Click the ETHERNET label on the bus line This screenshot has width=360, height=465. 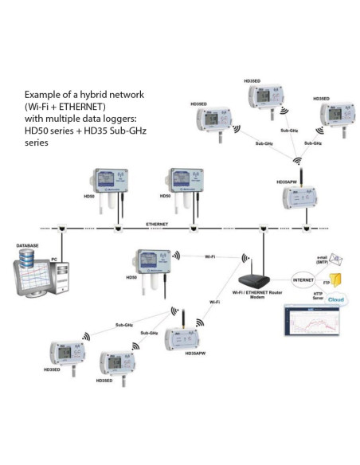156,225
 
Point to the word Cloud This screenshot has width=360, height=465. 335,301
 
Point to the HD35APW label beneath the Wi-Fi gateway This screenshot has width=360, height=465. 186,353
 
